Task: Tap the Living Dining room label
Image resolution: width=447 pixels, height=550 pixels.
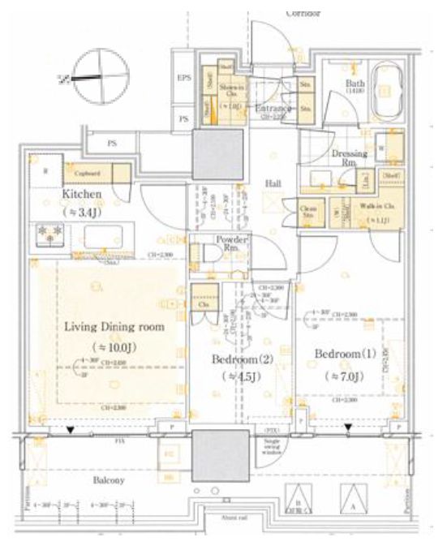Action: pyautogui.click(x=114, y=327)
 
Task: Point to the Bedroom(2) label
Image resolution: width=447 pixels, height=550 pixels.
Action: pyautogui.click(x=234, y=359)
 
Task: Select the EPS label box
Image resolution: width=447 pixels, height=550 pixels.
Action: pyautogui.click(x=184, y=79)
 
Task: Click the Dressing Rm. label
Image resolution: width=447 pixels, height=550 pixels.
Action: pyautogui.click(x=350, y=157)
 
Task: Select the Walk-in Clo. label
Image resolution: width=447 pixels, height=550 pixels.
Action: pyautogui.click(x=379, y=208)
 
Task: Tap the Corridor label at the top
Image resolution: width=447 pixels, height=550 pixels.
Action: pyautogui.click(x=303, y=13)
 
